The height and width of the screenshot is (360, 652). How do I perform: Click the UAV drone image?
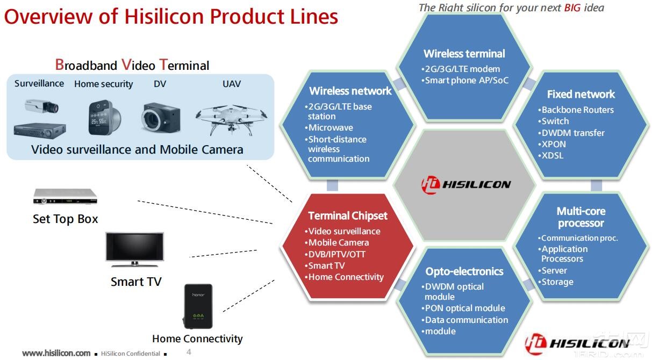click(231, 116)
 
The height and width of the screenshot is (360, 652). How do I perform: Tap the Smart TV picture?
click(135, 249)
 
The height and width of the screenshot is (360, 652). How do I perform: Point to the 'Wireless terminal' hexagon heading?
click(464, 54)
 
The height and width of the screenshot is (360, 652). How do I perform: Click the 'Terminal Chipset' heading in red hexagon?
click(347, 216)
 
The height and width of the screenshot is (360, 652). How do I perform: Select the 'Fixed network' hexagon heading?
click(581, 95)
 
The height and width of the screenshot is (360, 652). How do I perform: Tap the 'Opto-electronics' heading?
click(464, 272)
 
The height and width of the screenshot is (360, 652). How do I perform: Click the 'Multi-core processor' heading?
click(581, 218)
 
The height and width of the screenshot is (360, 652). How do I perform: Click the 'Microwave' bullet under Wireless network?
click(330, 128)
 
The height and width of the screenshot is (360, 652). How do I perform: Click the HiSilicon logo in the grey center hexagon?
click(465, 184)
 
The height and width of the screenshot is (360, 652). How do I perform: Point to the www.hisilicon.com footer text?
click(56, 353)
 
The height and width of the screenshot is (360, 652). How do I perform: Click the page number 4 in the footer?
click(189, 352)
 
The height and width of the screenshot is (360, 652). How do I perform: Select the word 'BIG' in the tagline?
click(572, 8)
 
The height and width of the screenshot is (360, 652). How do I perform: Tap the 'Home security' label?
click(103, 84)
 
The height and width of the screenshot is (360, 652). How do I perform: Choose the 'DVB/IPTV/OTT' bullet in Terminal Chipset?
click(336, 254)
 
